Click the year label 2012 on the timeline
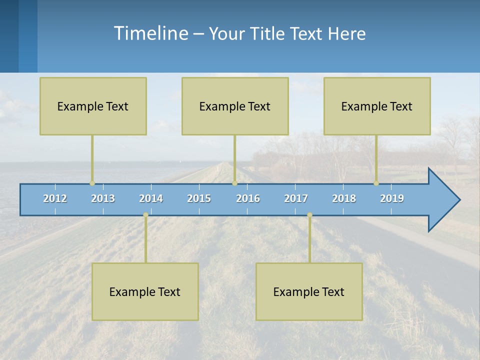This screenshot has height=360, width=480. [55, 198]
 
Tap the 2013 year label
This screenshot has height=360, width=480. [103, 198]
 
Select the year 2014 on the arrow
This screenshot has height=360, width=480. [151, 198]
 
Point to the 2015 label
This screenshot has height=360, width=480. [199, 198]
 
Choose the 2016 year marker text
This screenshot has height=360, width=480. [248, 198]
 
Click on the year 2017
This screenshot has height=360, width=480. [296, 198]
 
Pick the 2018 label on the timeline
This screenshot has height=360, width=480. [344, 198]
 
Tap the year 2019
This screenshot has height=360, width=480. [392, 198]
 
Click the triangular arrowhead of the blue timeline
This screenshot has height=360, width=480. [442, 200]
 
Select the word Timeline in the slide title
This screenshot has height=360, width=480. [150, 33]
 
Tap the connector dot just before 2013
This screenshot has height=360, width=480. [92, 183]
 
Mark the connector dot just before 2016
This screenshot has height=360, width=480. [234, 183]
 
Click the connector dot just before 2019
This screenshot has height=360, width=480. [376, 183]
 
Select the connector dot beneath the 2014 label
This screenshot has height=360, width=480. [145, 215]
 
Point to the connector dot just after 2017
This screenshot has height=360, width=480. [309, 215]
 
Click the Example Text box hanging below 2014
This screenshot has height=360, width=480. [145, 291]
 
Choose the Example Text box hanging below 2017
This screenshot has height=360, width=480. [309, 291]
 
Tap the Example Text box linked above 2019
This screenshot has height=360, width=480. [377, 106]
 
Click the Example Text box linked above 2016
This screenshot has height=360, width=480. [235, 106]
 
